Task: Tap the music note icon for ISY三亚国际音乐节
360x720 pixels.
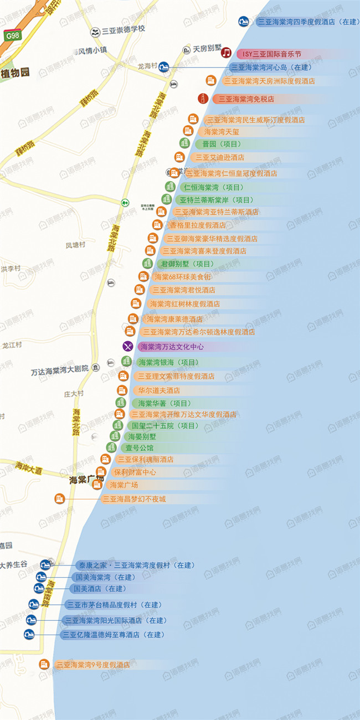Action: (226, 53)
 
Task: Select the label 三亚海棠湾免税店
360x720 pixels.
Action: (246, 99)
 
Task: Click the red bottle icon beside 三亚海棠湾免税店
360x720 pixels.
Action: (203, 99)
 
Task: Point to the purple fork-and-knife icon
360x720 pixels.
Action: (128, 347)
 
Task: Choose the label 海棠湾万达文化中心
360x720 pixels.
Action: (172, 347)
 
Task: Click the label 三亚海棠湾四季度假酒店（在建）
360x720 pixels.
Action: (308, 22)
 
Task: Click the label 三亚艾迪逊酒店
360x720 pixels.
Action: (219, 157)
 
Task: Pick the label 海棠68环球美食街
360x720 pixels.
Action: (182, 276)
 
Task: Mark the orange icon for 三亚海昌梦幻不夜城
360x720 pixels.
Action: (59, 498)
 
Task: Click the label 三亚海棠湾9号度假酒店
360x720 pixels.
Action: (93, 665)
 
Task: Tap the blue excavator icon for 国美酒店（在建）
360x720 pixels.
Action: (39, 588)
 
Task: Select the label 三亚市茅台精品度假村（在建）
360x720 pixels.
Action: (114, 605)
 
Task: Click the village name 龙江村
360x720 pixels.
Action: (11, 344)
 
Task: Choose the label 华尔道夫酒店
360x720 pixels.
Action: (159, 390)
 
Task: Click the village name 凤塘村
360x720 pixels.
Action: (75, 245)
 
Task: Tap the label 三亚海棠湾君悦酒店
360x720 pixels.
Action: (184, 290)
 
